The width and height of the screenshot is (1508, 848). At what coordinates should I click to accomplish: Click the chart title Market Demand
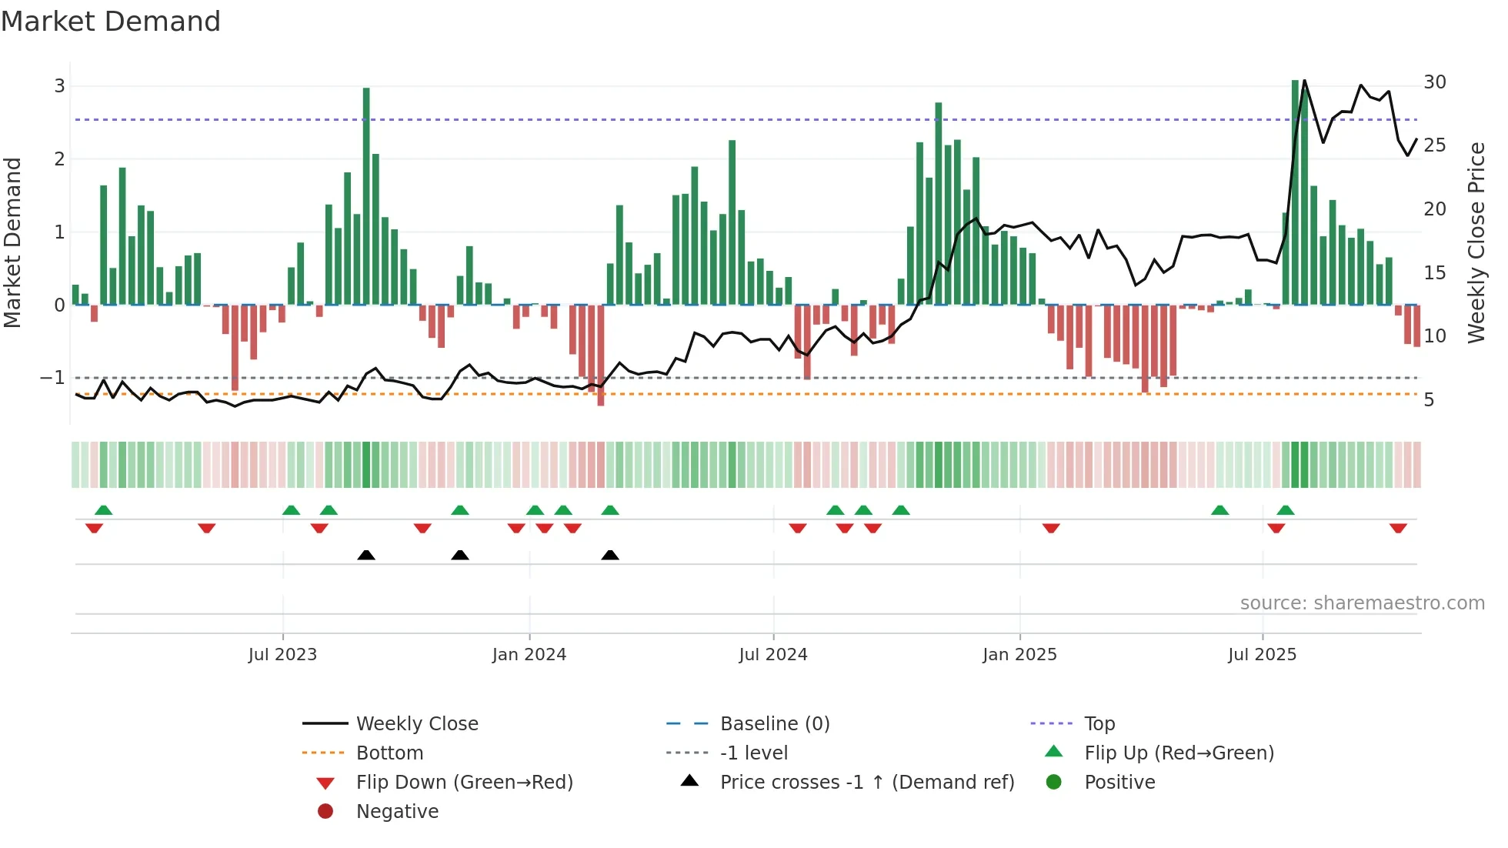tap(111, 22)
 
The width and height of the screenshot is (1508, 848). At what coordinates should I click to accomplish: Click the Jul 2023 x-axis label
tap(282, 655)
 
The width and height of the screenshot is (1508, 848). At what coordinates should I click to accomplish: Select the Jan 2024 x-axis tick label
tap(529, 655)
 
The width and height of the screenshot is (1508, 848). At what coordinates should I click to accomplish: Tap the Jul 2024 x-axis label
tap(773, 655)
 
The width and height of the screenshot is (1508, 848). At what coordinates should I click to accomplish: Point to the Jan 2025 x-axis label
tap(1019, 655)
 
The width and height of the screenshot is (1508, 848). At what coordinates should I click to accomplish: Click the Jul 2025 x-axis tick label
tap(1263, 655)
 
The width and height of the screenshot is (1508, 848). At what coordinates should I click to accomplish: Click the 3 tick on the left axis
tap(59, 85)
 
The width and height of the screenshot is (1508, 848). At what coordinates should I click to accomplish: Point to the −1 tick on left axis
tap(52, 378)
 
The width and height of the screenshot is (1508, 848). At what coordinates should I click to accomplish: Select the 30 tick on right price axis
tap(1435, 82)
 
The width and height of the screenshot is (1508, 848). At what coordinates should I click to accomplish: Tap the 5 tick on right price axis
tap(1429, 400)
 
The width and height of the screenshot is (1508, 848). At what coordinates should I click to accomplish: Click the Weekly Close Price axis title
tap(1476, 242)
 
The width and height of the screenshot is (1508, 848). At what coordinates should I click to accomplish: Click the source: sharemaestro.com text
tap(1362, 603)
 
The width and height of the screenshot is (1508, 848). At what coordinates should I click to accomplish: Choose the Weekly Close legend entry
tap(417, 724)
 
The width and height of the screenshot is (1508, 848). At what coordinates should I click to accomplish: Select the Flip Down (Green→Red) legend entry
tap(464, 783)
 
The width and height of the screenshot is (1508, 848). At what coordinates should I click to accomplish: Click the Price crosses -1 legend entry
tap(866, 783)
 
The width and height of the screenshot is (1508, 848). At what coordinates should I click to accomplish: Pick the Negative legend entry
tap(397, 812)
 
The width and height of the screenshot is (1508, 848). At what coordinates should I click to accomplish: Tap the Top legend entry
tap(1099, 724)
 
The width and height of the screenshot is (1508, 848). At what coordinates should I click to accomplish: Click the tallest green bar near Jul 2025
tap(1296, 192)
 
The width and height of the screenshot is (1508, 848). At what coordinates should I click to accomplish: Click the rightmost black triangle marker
tap(610, 555)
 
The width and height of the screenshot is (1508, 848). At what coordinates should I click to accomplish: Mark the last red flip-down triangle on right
tap(1398, 528)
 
